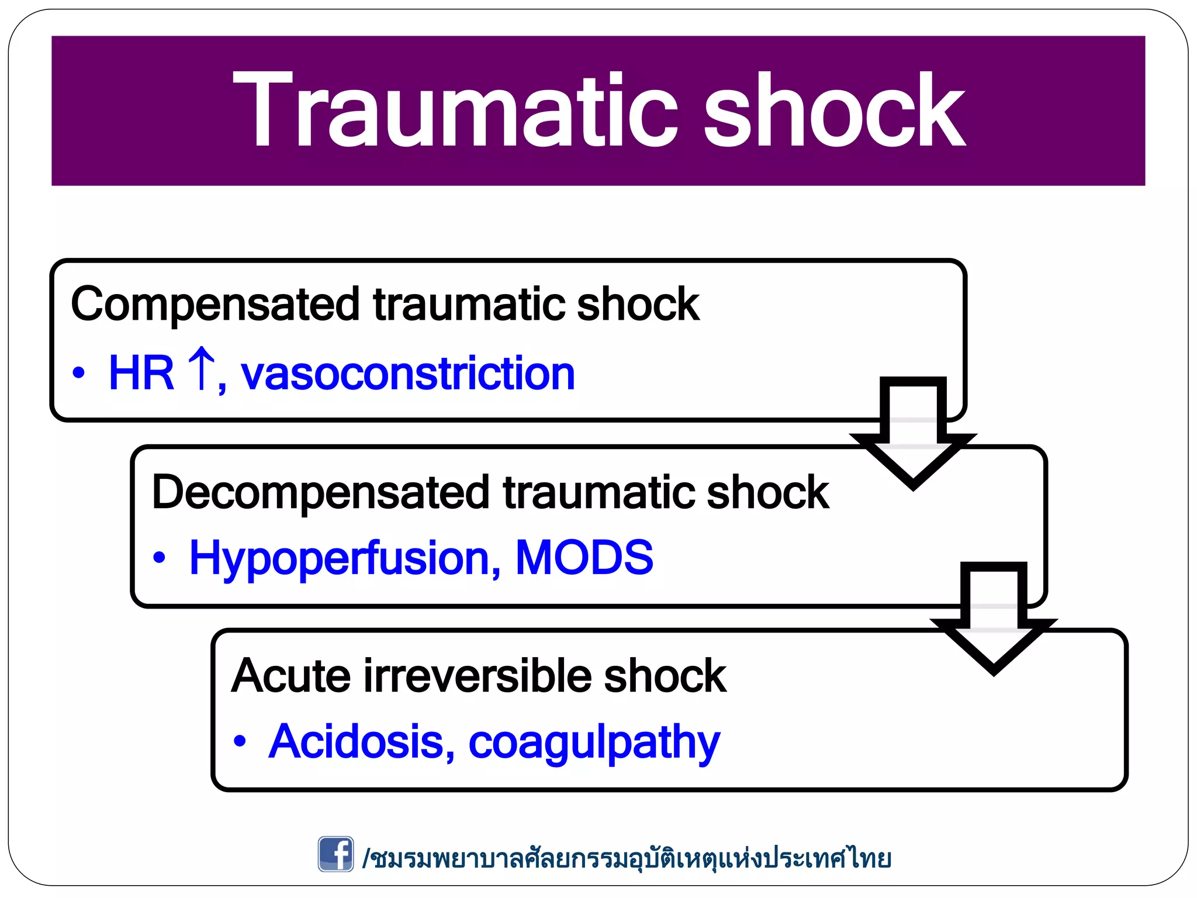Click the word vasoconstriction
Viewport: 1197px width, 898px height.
pyautogui.click(x=408, y=374)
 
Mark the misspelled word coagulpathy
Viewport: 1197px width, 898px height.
pyautogui.click(x=594, y=742)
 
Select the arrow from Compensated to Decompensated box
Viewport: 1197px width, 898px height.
pyautogui.click(x=913, y=433)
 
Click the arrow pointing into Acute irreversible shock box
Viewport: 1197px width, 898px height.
pyautogui.click(x=994, y=619)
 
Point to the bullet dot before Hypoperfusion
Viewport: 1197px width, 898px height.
pyautogui.click(x=159, y=558)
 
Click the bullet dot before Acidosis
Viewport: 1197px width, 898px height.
pyautogui.click(x=240, y=741)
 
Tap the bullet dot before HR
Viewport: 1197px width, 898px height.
pyautogui.click(x=79, y=373)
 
